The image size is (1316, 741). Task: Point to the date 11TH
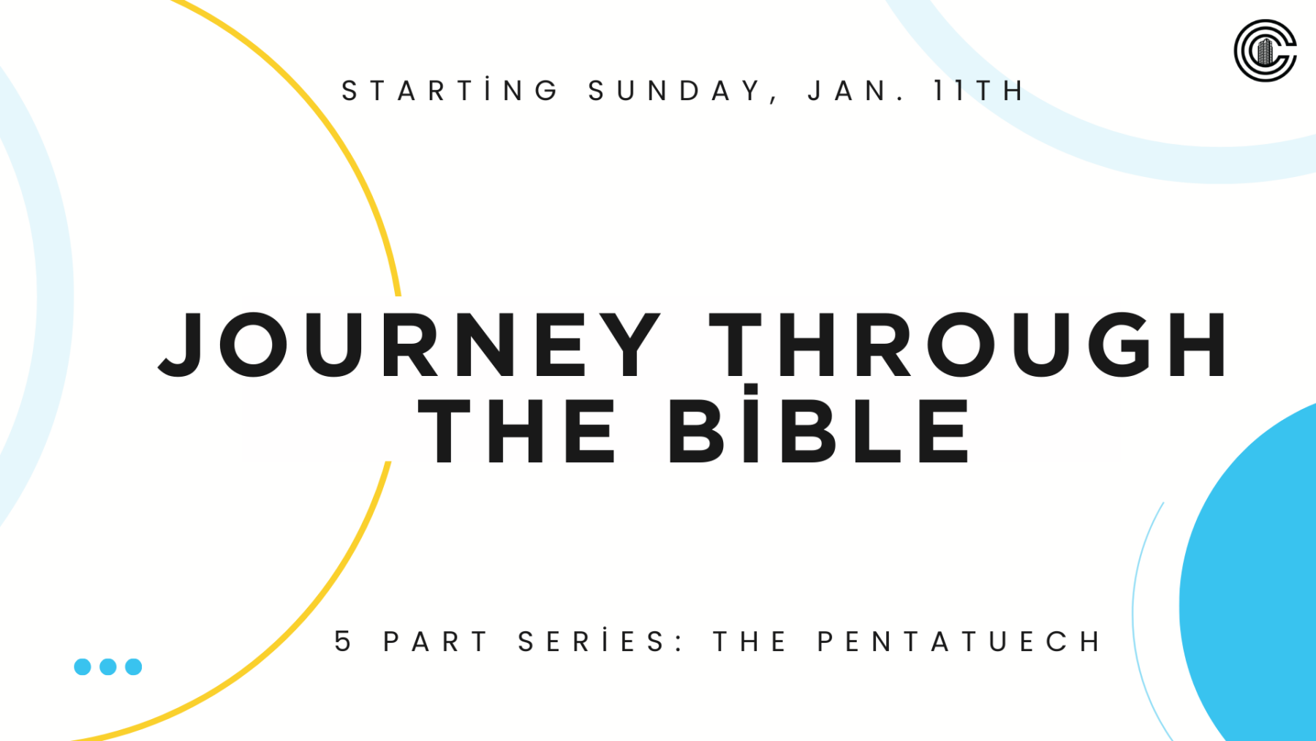979,91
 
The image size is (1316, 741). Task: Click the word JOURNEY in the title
410,344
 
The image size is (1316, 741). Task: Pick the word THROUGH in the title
969,344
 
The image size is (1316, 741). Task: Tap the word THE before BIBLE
517,431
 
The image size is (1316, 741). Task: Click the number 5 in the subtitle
343,641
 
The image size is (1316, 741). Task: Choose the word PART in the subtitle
436,642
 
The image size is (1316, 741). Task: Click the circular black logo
1266,50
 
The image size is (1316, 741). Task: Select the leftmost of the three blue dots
83,666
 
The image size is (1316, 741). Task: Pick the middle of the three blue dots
108,666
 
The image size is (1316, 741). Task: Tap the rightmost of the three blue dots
134,666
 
